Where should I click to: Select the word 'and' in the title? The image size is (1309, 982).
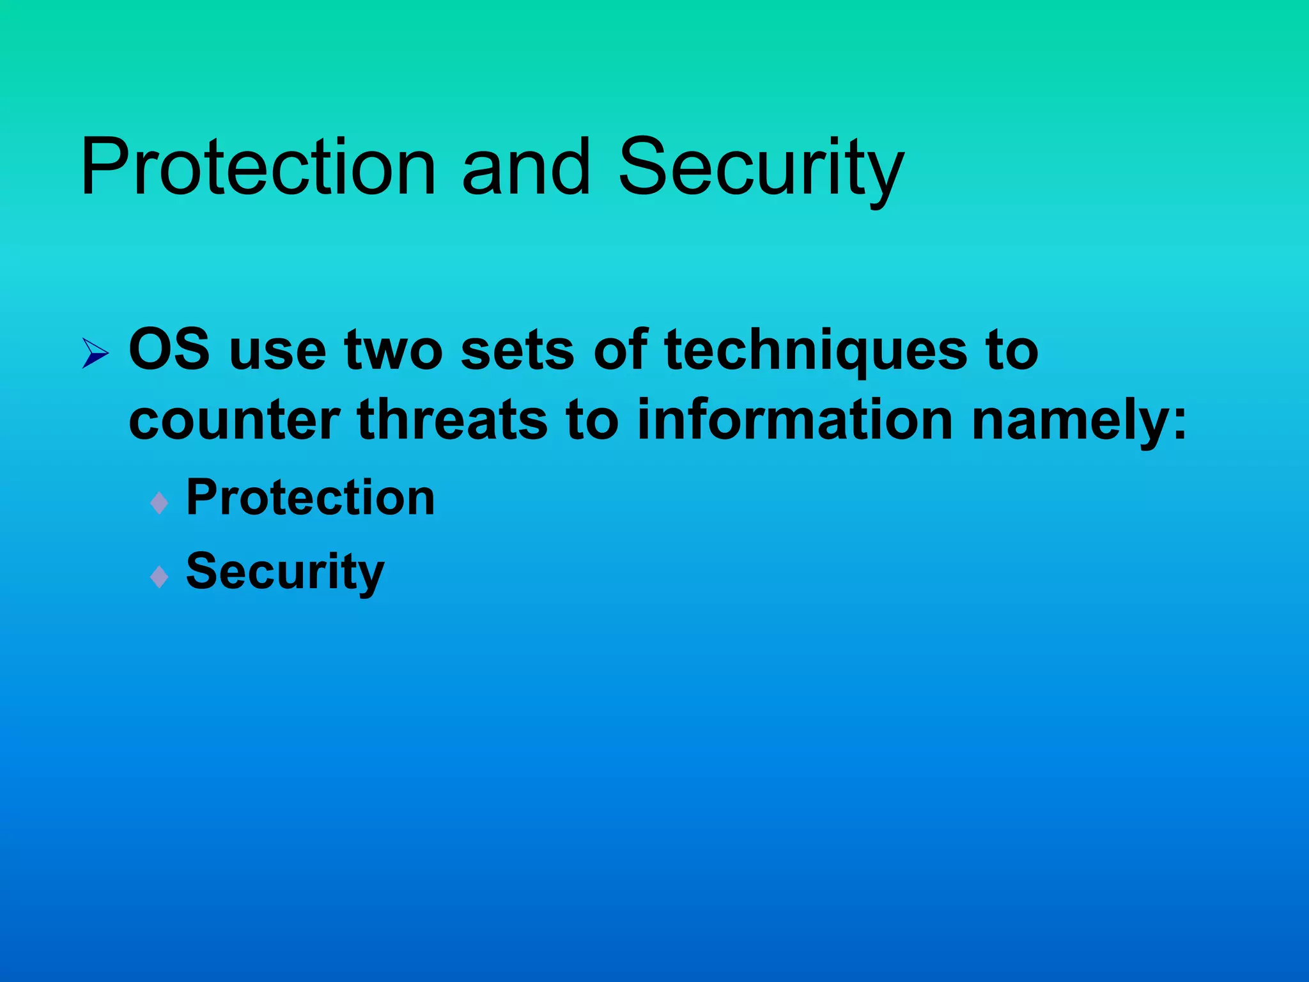pyautogui.click(x=525, y=168)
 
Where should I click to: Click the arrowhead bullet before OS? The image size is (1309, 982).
pyautogui.click(x=95, y=353)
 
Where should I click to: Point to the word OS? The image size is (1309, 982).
pyautogui.click(x=169, y=350)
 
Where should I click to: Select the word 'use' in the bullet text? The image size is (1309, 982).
pyautogui.click(x=277, y=351)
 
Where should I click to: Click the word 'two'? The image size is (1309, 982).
pyautogui.click(x=393, y=351)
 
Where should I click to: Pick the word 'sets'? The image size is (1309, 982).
pyautogui.click(x=517, y=351)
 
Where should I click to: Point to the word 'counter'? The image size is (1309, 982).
pyautogui.click(x=234, y=421)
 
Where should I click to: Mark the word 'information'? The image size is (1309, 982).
pyautogui.click(x=795, y=419)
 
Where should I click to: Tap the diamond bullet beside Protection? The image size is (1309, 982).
pyautogui.click(x=159, y=503)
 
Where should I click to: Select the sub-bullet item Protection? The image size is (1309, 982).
pyautogui.click(x=310, y=498)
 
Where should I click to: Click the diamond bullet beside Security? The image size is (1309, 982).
pyautogui.click(x=159, y=577)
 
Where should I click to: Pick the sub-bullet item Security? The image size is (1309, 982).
pyautogui.click(x=285, y=572)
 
